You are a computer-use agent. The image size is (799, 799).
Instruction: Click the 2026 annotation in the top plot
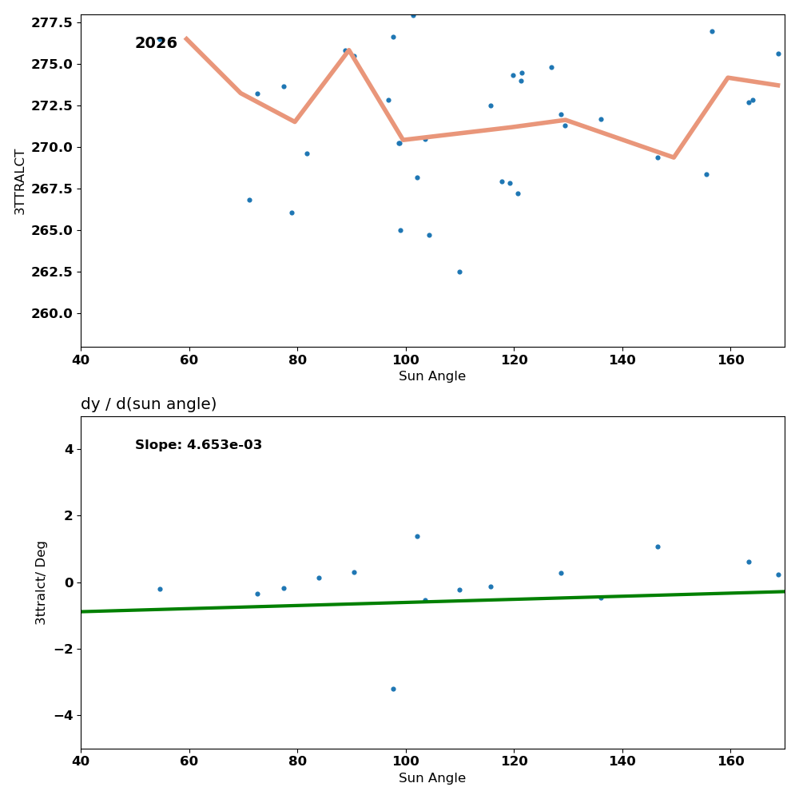click(x=156, y=43)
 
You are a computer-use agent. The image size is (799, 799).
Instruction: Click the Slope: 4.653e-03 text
click(x=198, y=445)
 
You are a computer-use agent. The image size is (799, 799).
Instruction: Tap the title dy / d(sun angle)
click(x=149, y=404)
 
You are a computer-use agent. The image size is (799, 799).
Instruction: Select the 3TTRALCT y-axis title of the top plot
click(x=20, y=181)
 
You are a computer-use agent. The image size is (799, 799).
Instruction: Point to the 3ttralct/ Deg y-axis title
click(x=41, y=582)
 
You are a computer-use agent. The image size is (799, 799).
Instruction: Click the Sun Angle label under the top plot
click(x=432, y=376)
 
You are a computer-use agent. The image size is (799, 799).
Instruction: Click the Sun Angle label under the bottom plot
click(x=432, y=778)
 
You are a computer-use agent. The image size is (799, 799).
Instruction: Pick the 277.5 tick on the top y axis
click(x=51, y=22)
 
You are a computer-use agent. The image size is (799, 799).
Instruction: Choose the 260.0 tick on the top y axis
click(x=51, y=313)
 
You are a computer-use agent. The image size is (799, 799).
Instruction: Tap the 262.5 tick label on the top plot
click(x=51, y=272)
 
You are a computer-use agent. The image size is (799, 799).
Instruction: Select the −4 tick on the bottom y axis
click(x=62, y=715)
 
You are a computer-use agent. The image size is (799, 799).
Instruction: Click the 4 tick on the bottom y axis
click(x=68, y=449)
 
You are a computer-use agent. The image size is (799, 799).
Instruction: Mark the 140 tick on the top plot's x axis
click(x=622, y=360)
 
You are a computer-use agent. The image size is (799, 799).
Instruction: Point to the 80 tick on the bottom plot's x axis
click(x=297, y=761)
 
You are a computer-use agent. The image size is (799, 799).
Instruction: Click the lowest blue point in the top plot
click(x=459, y=272)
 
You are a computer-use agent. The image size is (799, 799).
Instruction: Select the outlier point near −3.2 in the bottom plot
click(x=393, y=689)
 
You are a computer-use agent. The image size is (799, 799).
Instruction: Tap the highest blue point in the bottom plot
click(x=417, y=536)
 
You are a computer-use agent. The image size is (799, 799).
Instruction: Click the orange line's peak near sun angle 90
click(x=349, y=50)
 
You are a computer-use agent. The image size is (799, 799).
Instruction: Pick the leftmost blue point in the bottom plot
click(x=160, y=589)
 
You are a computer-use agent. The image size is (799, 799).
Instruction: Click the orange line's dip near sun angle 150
click(x=674, y=157)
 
